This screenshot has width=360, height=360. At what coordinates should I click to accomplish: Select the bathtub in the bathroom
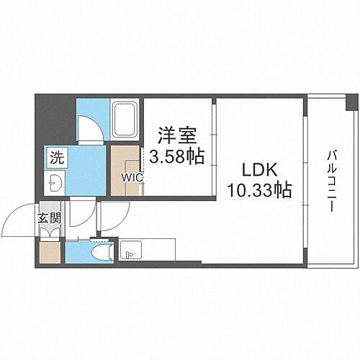point(127,119)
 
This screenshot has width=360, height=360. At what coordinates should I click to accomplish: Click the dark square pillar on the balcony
point(351,102)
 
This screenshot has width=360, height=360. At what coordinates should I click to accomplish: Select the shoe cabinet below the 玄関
point(50,252)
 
